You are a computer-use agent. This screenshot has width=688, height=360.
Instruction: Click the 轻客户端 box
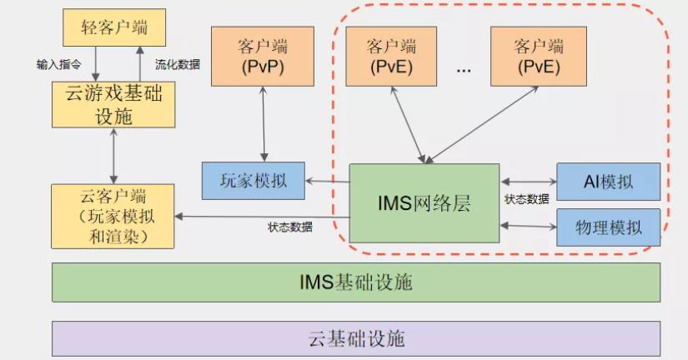(x=114, y=28)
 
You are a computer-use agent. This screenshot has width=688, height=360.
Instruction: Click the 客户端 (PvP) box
(x=261, y=56)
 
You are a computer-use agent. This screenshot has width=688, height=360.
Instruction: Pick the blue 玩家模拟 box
(x=253, y=181)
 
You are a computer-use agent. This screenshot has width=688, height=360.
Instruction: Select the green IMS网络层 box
(x=424, y=202)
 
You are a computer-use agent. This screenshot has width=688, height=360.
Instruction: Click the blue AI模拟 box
(x=608, y=181)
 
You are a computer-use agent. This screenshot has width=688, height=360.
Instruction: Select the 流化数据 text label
(x=178, y=63)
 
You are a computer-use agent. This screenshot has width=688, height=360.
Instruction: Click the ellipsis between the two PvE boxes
(x=465, y=71)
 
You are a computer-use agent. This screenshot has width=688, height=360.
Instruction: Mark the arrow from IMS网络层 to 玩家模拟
(x=326, y=181)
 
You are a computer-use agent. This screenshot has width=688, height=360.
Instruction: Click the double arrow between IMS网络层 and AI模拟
(x=528, y=180)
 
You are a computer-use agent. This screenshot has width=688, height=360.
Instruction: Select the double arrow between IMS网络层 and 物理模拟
(x=528, y=225)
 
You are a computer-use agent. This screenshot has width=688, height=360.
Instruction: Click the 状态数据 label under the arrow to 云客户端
(x=290, y=227)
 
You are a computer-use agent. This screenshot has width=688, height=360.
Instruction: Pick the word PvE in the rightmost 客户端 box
(x=539, y=67)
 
